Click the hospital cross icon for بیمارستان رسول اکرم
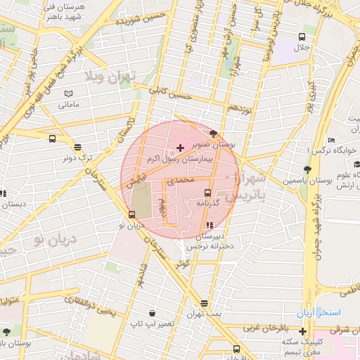click(181, 148)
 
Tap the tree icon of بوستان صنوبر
click(213, 134)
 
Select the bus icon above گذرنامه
click(207, 192)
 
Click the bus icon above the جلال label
click(302, 37)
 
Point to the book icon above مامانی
click(68, 94)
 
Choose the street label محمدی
click(178, 181)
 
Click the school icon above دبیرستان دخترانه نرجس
click(209, 225)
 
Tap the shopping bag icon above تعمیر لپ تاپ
click(152, 313)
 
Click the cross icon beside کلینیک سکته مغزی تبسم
click(302, 331)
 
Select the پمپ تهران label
click(203, 313)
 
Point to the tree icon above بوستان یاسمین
click(307, 169)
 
